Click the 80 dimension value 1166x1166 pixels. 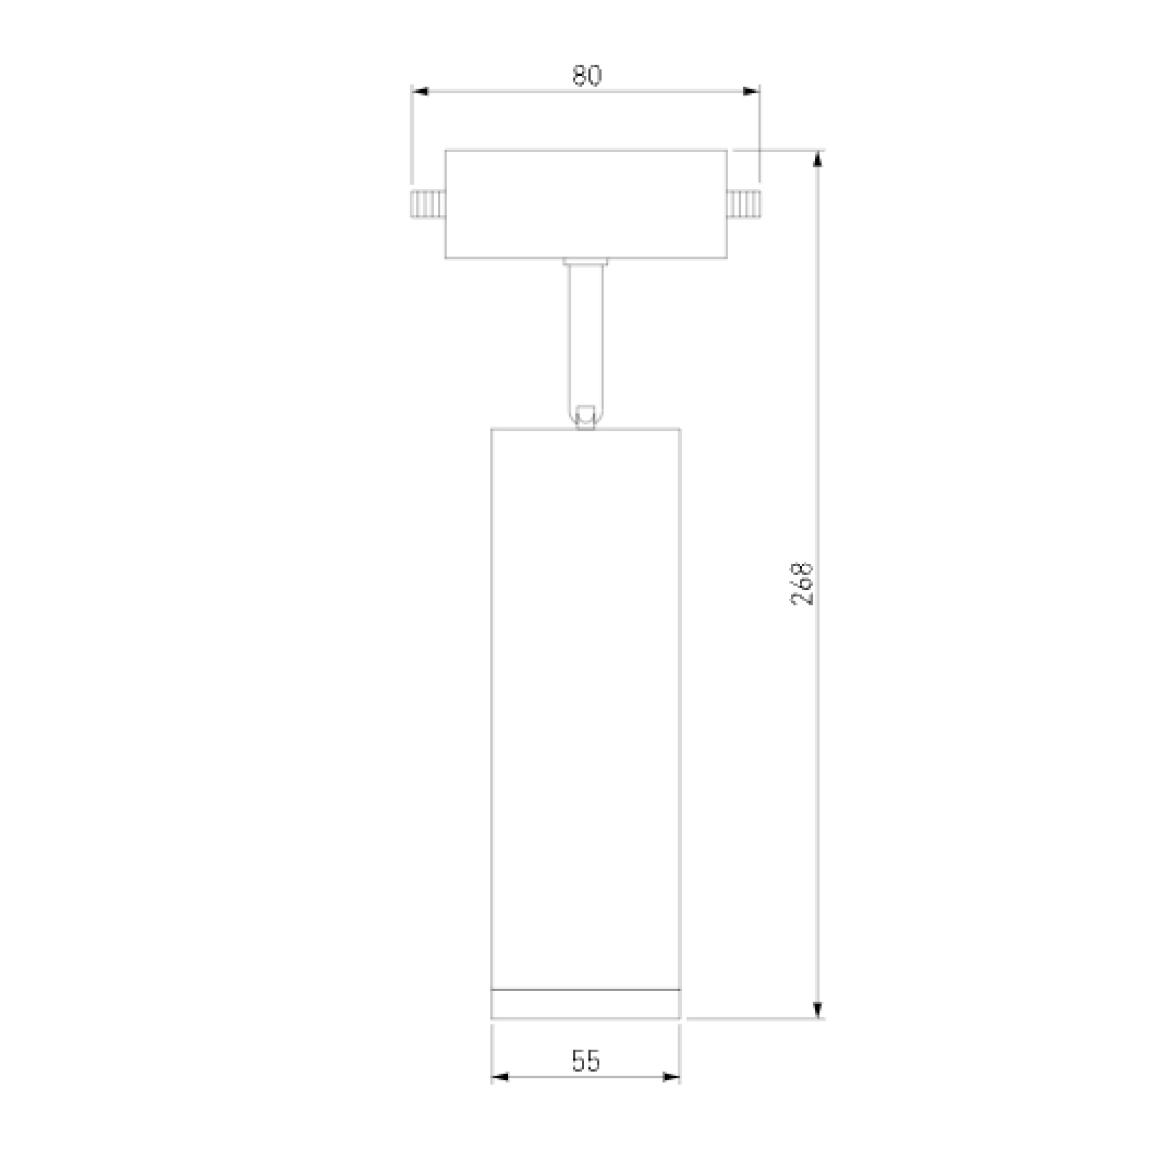586,76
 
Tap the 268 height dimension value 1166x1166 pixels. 802,584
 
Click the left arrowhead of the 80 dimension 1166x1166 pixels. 420,92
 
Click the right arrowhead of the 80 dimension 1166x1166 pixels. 750,92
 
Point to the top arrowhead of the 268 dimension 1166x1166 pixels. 817,158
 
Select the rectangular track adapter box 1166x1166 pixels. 585,204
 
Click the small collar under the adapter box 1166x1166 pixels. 585,261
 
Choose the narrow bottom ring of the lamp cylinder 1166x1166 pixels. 585,1004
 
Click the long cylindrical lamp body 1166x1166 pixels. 585,694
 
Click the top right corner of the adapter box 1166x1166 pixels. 726,150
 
